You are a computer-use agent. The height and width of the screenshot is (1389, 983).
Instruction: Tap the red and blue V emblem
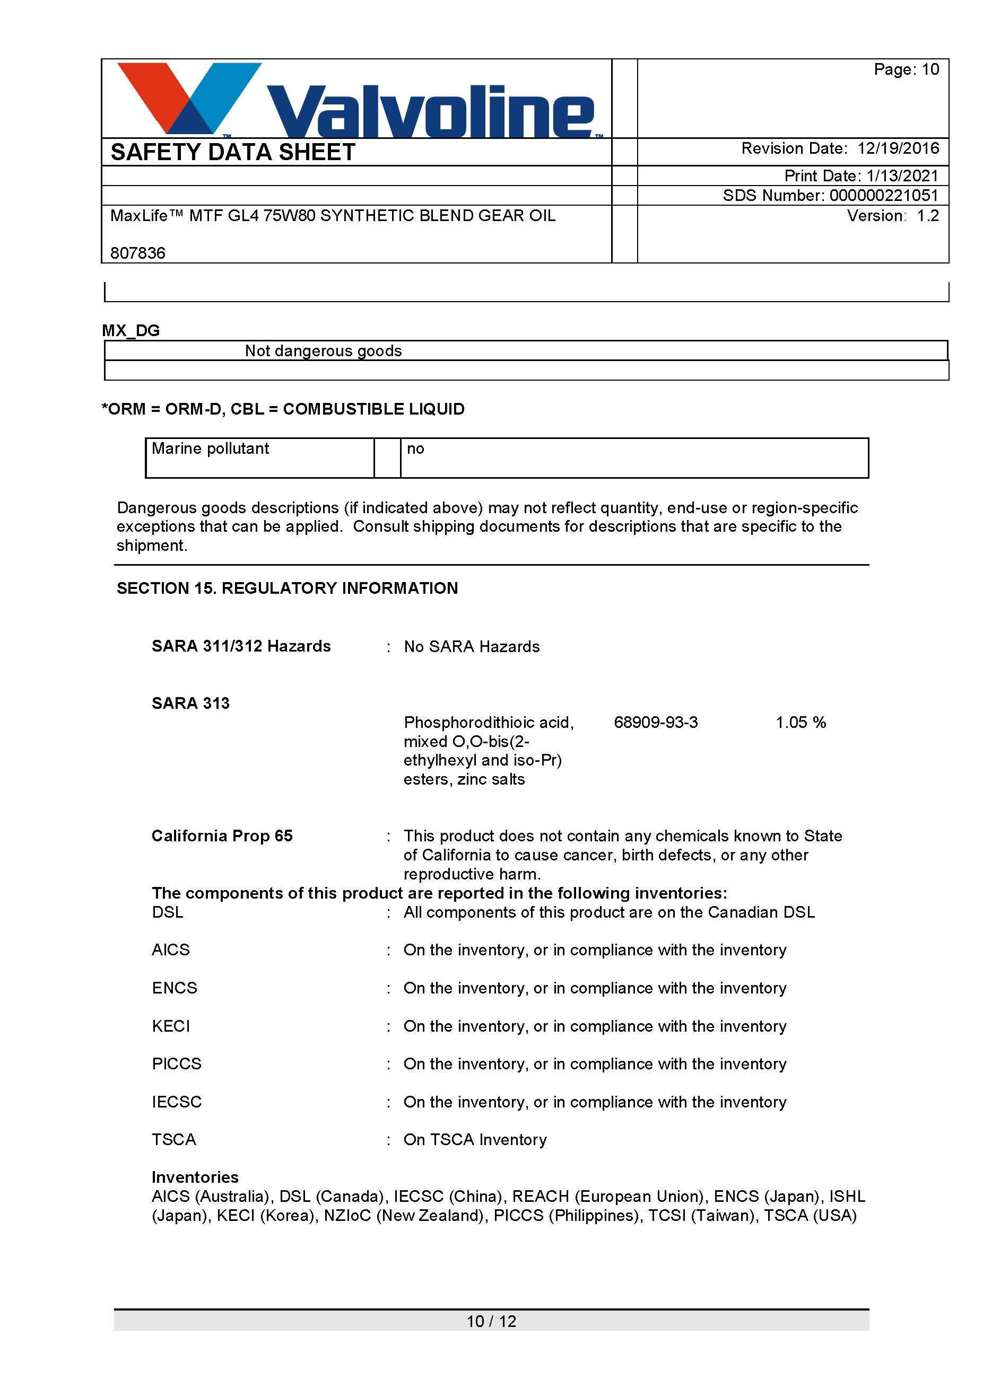coord(189,97)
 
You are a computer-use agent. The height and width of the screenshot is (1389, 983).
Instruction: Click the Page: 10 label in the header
coord(906,69)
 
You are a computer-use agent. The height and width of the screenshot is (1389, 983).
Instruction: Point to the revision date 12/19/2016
coord(898,148)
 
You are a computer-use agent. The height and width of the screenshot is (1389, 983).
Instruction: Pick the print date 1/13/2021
coord(902,175)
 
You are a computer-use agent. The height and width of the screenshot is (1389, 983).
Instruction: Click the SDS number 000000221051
coord(883,196)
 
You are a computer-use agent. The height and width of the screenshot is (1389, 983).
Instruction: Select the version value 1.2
coord(927,215)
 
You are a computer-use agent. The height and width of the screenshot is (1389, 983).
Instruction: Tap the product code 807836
coord(138,253)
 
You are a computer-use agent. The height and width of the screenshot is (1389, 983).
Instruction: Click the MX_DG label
coord(131,330)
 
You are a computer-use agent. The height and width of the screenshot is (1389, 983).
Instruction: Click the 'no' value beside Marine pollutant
coord(415,449)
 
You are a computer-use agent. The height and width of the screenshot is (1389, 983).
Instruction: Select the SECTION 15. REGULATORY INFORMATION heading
coord(287,588)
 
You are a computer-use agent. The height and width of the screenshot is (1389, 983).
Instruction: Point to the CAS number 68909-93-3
coord(656,722)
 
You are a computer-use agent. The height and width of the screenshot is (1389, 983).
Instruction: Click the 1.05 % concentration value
coord(800,722)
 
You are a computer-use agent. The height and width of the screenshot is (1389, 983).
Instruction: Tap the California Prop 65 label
coord(222,836)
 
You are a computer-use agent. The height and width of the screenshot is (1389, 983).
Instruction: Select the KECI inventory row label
coord(171,1026)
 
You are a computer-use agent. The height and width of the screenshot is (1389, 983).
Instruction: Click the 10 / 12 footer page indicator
coord(491,1321)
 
